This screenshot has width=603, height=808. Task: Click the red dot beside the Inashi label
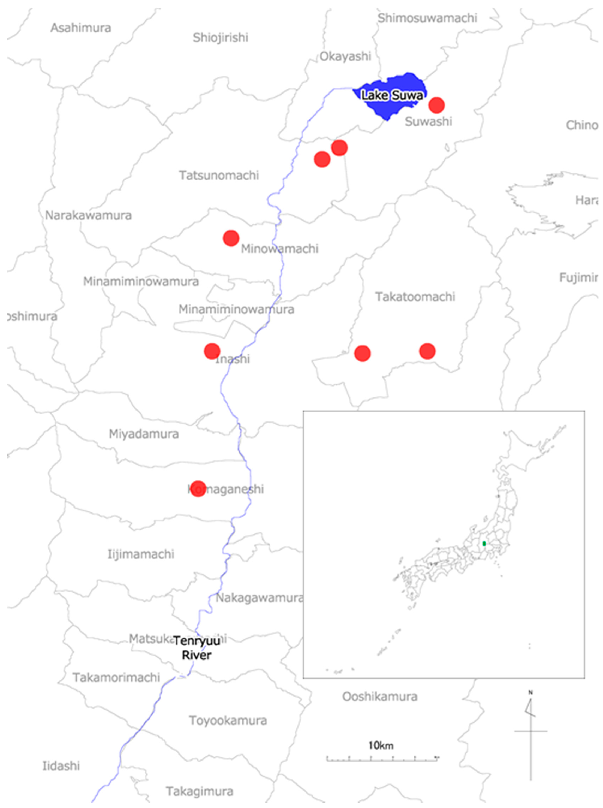point(212,351)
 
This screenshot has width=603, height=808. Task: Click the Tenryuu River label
point(197,648)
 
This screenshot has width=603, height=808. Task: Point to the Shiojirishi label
point(221,38)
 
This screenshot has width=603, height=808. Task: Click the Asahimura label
point(81,28)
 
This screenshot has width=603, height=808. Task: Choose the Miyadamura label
point(144,434)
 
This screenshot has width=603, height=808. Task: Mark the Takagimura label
point(200,791)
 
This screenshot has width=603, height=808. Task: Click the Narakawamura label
point(88,215)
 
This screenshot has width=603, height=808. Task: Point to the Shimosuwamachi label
point(427,18)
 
